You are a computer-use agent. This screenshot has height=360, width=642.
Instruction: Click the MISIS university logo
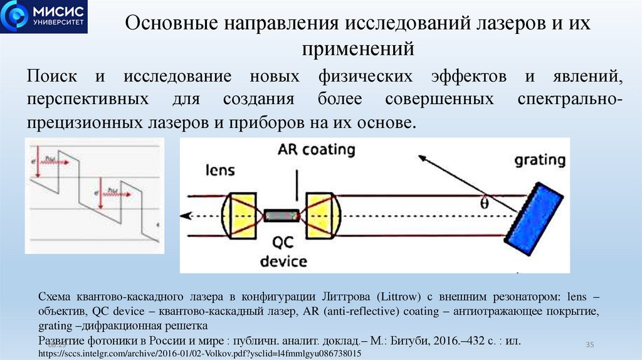click(x=43, y=17)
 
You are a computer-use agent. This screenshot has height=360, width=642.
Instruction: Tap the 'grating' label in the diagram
click(x=540, y=160)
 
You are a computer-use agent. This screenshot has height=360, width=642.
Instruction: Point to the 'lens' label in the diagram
click(x=221, y=169)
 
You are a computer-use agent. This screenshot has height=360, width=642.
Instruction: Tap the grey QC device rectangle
click(x=283, y=216)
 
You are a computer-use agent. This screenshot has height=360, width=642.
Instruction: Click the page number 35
click(x=589, y=345)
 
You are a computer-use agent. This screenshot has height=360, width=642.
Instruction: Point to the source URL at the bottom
click(x=200, y=354)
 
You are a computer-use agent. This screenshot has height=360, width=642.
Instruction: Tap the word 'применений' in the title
click(x=358, y=48)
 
